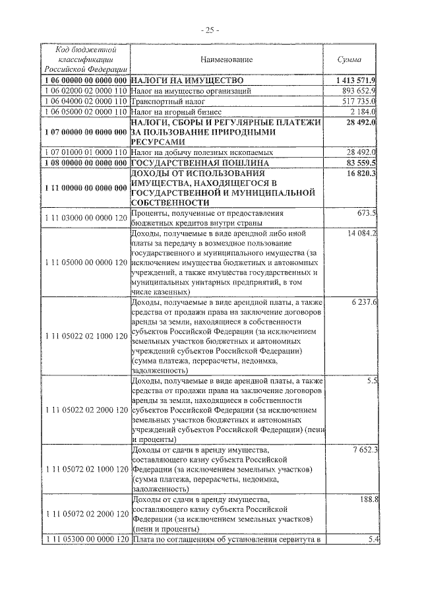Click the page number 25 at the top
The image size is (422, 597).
(x=211, y=30)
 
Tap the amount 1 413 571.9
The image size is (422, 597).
(x=353, y=80)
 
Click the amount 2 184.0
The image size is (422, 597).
(x=361, y=113)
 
